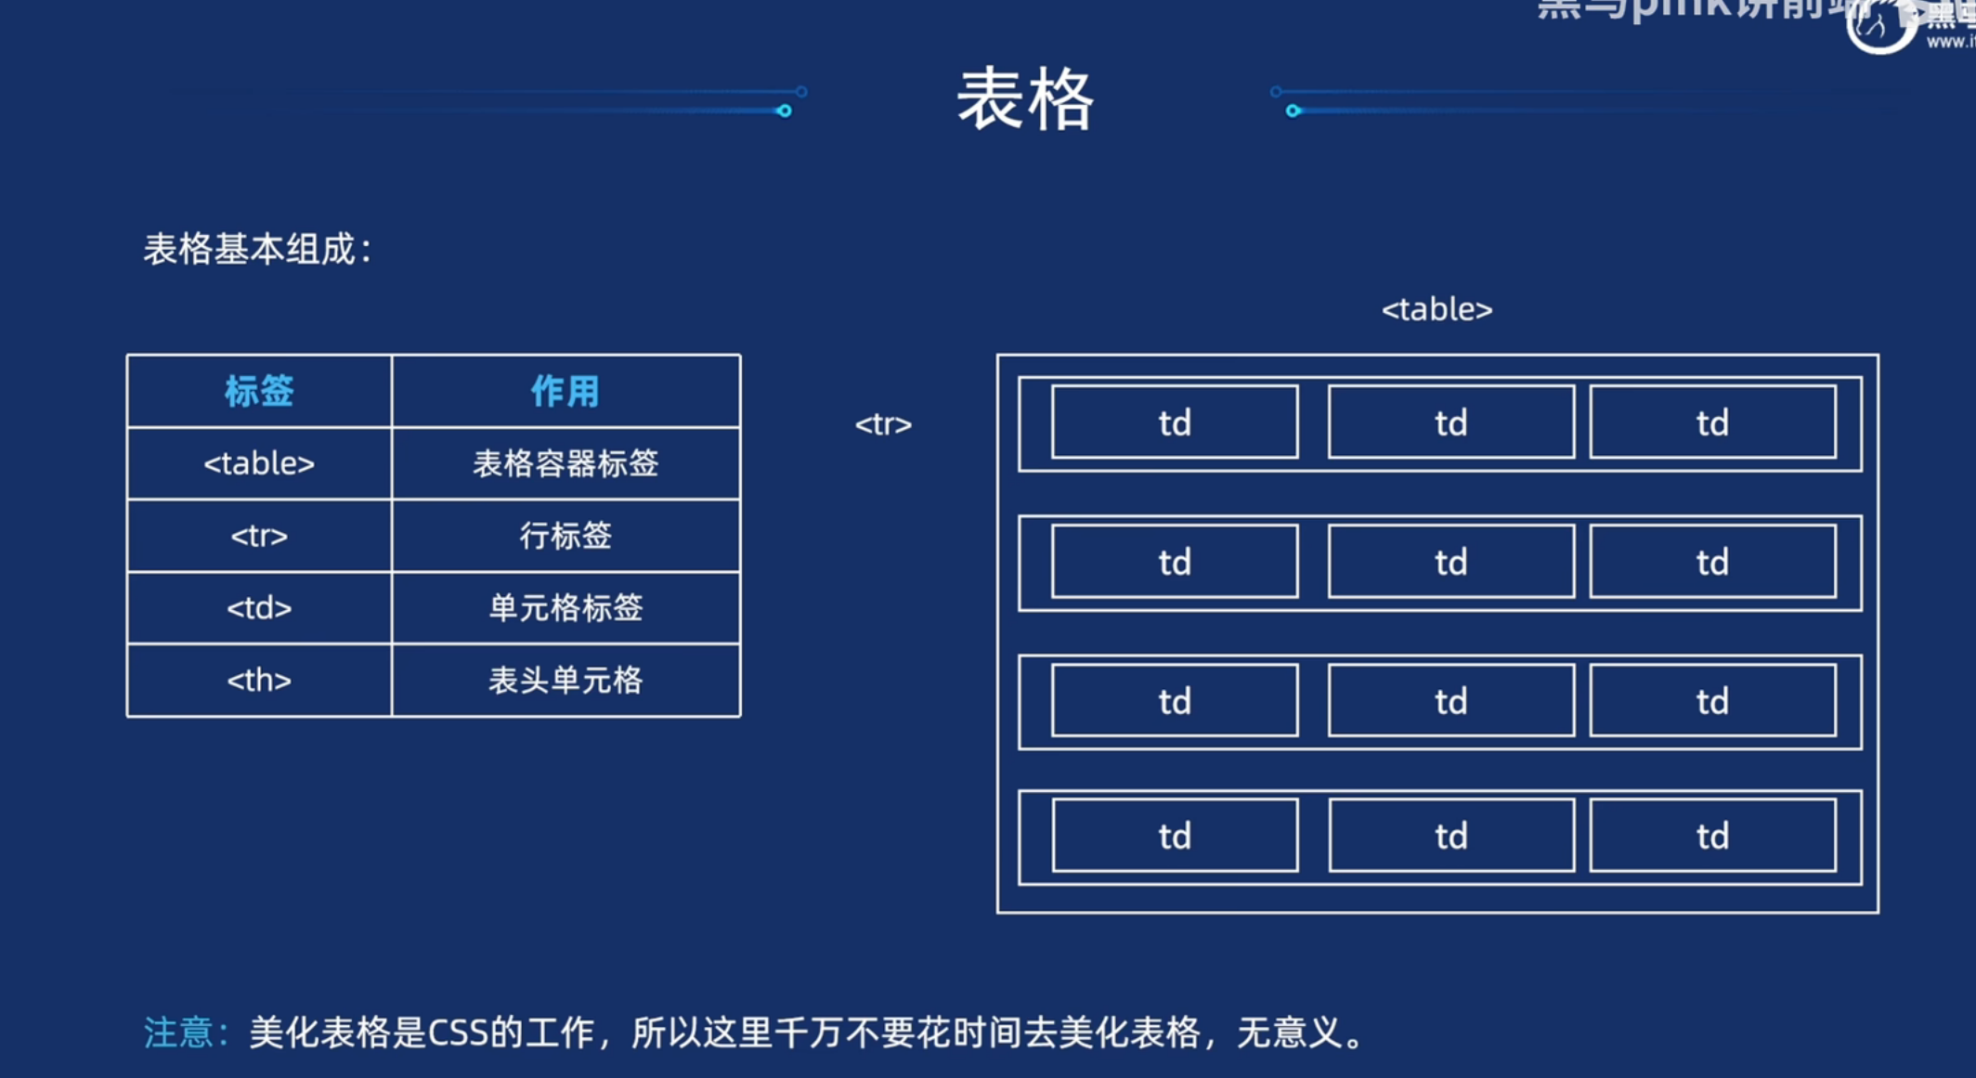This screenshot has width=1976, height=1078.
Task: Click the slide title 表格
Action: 1025,99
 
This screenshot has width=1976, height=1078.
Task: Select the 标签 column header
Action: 259,391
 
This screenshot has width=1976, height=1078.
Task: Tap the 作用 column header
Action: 565,391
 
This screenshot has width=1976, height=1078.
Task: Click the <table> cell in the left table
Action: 259,463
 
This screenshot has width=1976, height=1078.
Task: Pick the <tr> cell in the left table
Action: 259,536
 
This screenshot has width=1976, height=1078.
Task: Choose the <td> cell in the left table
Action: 259,608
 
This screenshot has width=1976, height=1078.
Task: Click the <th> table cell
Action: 259,681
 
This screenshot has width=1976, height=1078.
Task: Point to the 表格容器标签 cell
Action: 565,463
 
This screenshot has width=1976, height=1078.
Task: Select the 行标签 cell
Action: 565,536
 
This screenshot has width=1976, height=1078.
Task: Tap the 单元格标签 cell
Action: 565,608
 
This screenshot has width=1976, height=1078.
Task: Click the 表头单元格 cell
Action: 565,681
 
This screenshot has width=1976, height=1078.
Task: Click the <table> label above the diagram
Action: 1436,309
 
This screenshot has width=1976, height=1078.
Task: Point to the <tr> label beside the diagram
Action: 883,424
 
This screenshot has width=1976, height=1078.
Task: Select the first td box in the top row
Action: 1175,422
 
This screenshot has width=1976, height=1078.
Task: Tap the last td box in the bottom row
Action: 1712,836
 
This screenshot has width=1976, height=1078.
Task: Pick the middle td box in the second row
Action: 1450,562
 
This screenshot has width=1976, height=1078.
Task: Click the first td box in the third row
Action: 1175,701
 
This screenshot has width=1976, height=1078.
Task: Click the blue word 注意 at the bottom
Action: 179,1033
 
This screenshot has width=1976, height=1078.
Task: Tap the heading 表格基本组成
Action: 251,249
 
